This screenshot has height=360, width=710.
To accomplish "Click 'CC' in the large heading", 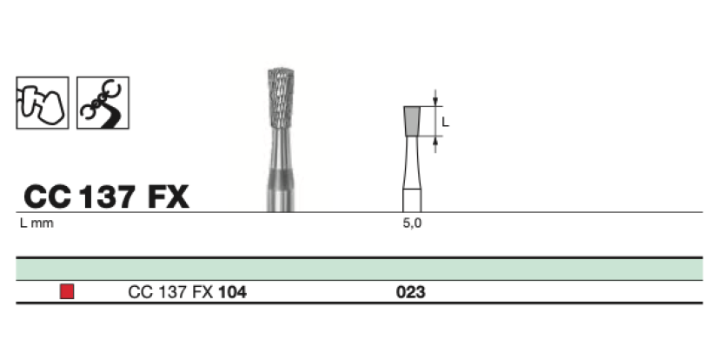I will coord(47,197).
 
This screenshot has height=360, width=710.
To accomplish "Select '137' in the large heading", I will coord(108,197).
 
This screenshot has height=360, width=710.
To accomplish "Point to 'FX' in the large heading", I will coord(168,197).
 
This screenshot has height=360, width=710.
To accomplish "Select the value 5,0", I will coord(410,223).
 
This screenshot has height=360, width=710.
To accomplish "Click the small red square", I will coord(67,292).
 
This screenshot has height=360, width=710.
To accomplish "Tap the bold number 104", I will coord(232,293).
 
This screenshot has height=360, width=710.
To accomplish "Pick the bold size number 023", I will coord(410,293).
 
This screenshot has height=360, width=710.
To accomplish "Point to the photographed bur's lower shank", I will coord(281,187).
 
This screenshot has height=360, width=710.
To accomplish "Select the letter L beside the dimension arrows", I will coord(445,123).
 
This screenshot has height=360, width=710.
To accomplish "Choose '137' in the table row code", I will coord(170,293).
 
